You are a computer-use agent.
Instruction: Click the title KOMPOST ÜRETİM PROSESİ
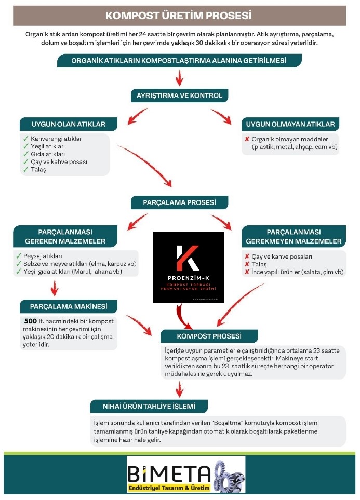pyautogui.click(x=179, y=16)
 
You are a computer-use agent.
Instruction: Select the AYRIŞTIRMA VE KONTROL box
pyautogui.click(x=179, y=96)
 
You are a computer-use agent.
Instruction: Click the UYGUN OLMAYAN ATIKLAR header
pyautogui.click(x=293, y=124)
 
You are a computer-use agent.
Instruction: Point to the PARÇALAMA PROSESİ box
pyautogui.click(x=179, y=202)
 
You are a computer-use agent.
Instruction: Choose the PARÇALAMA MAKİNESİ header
pyautogui.click(x=69, y=306)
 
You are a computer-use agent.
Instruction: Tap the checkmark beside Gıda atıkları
pyautogui.click(x=26, y=154)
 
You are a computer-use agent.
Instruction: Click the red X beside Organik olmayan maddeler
pyautogui.click(x=247, y=139)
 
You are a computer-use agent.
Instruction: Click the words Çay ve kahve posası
pyautogui.click(x=58, y=162)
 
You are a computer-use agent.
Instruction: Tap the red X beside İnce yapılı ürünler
pyautogui.click(x=247, y=272)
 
